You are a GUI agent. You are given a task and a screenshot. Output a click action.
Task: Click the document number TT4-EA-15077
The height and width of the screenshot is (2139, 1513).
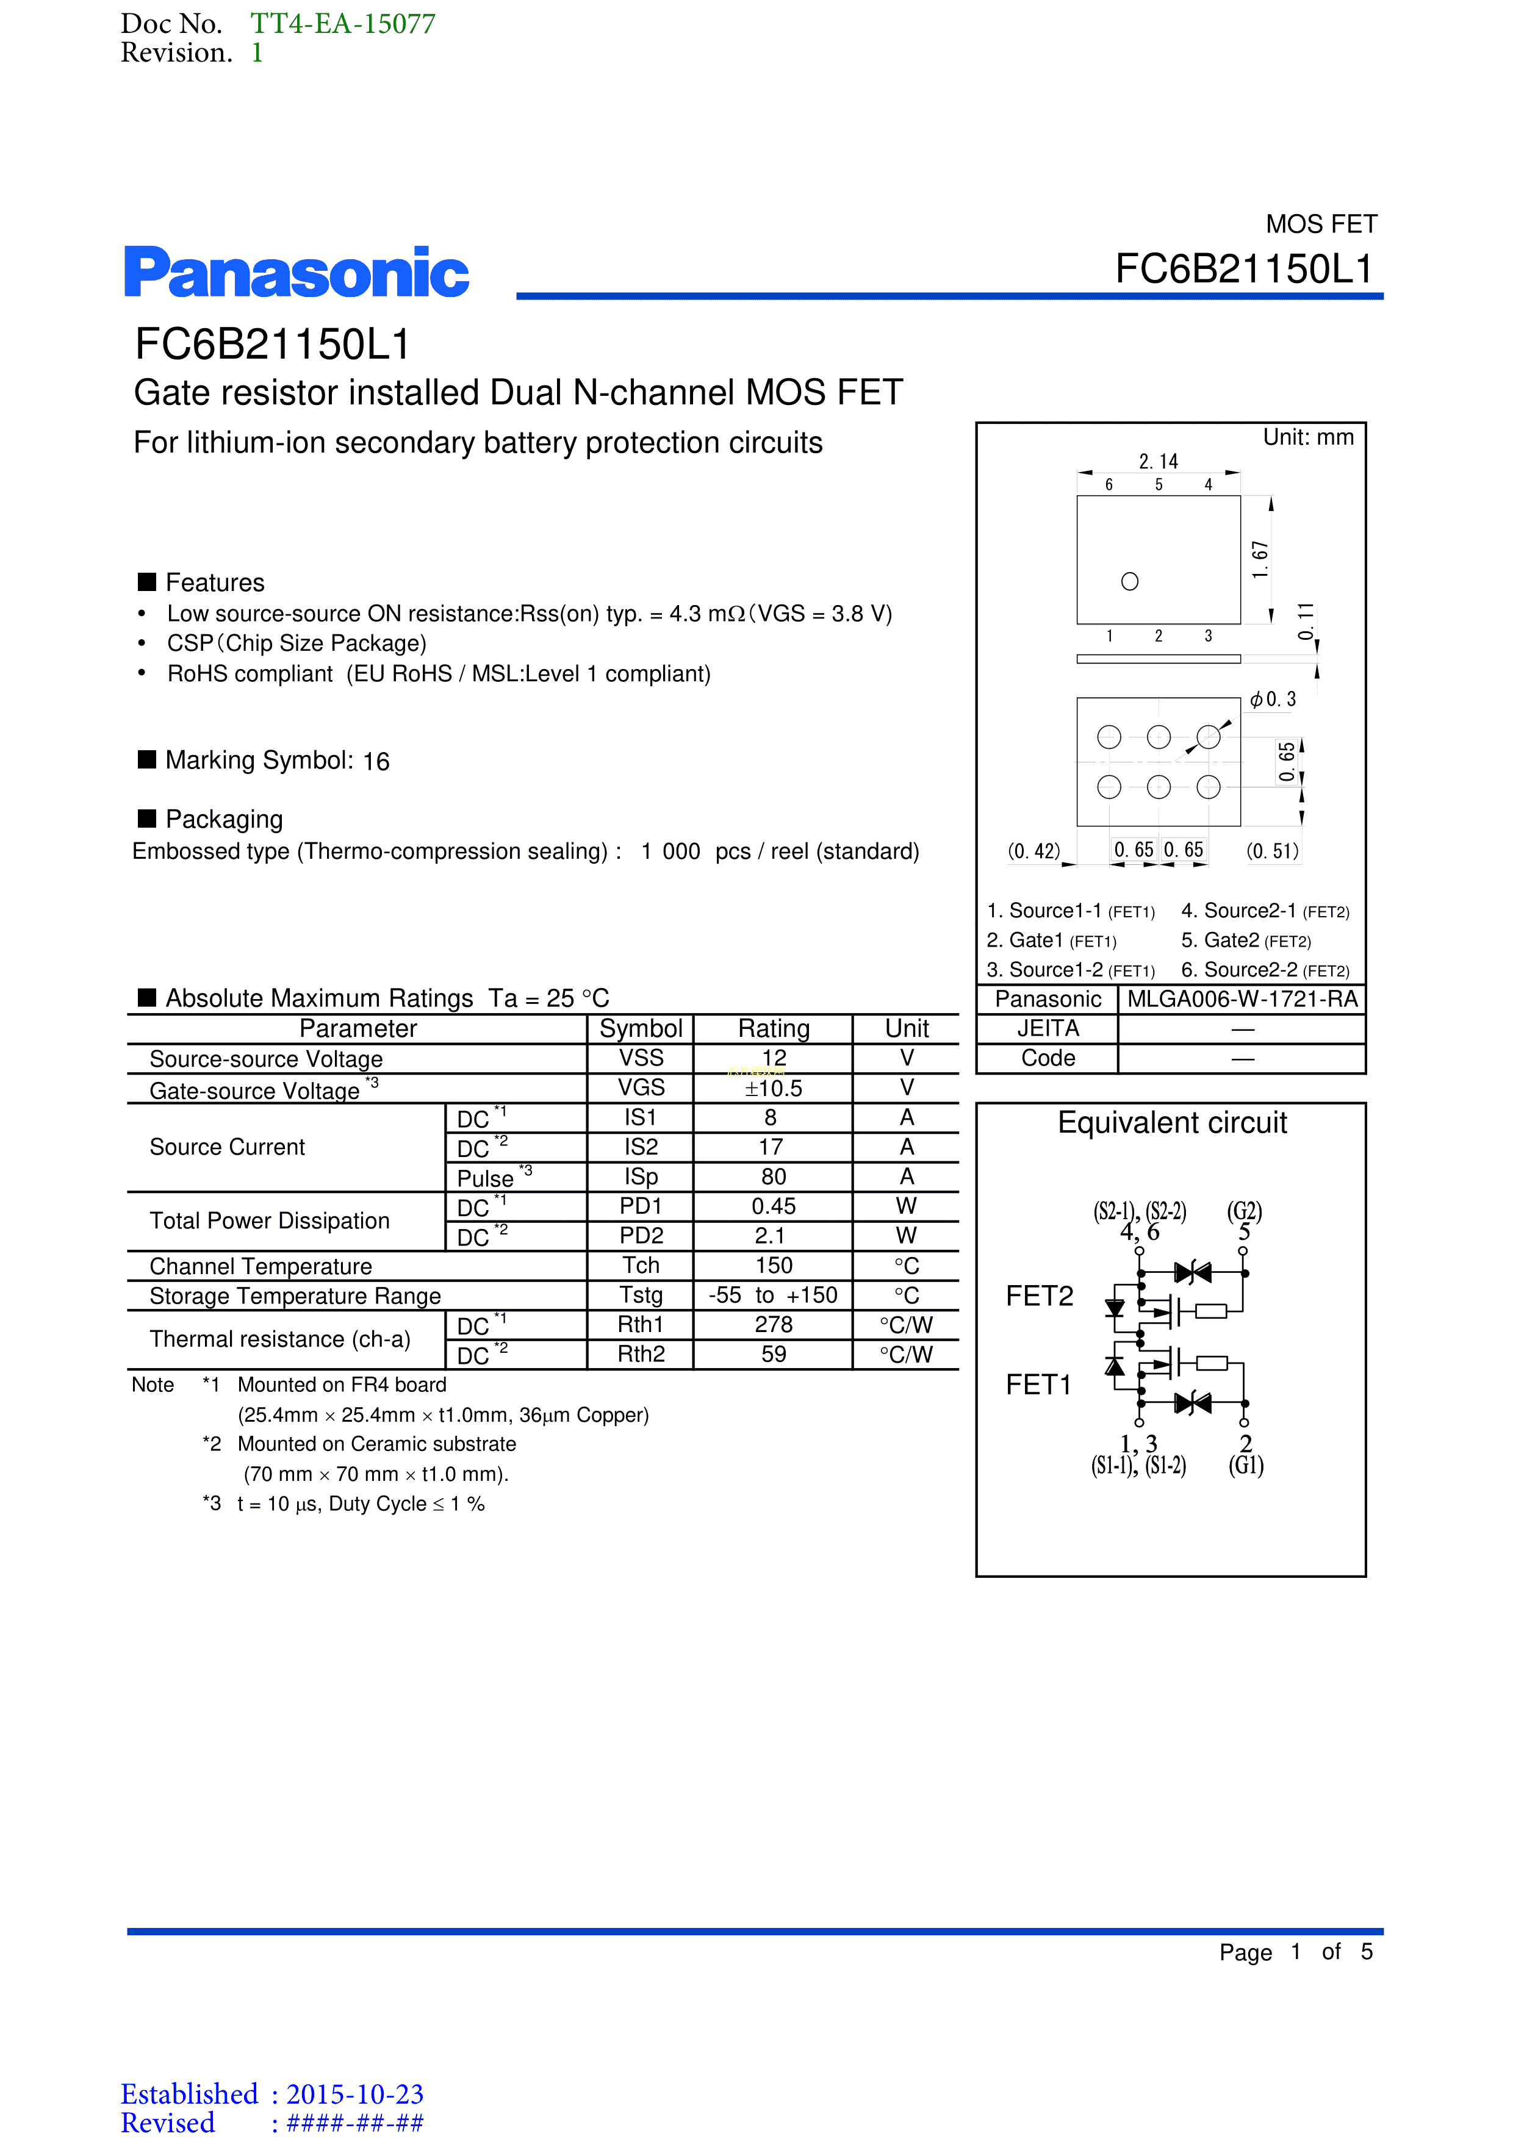tap(342, 23)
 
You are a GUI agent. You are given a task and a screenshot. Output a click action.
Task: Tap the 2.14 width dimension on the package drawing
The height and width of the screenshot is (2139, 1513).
tap(1158, 461)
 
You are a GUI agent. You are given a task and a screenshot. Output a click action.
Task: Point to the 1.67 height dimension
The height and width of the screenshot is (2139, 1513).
tap(1260, 559)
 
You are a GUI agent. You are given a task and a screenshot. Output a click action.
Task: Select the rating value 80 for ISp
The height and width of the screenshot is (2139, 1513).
tap(773, 1177)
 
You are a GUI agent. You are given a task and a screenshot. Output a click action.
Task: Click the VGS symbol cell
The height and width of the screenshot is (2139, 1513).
tap(641, 1087)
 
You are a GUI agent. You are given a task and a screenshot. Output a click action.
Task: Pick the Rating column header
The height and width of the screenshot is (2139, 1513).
tap(773, 1028)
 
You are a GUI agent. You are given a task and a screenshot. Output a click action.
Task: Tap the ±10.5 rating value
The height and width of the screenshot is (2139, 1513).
tap(773, 1088)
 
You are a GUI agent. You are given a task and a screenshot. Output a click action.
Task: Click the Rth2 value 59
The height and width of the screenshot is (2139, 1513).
tap(773, 1355)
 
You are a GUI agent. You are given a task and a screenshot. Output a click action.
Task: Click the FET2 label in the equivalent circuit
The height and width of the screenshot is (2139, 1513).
tap(1039, 1296)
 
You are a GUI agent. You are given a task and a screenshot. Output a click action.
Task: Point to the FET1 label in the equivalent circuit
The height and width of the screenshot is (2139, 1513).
tap(1039, 1385)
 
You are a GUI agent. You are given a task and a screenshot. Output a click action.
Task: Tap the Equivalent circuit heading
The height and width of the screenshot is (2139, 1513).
tap(1171, 1123)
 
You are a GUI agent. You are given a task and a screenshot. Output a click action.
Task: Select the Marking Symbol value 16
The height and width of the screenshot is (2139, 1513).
tap(376, 762)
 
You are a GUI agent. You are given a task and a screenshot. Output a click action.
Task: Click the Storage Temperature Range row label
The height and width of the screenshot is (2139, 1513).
tap(295, 1296)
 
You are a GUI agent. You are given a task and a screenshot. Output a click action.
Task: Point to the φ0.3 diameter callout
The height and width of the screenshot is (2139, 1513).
tap(1273, 700)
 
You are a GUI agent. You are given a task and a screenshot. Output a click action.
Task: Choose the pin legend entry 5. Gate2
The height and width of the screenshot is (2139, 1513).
tap(1246, 941)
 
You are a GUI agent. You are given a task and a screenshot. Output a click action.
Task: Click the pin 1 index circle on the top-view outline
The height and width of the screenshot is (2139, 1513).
tap(1129, 581)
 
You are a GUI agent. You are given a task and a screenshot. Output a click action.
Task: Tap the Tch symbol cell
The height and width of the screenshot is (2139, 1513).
tap(641, 1265)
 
